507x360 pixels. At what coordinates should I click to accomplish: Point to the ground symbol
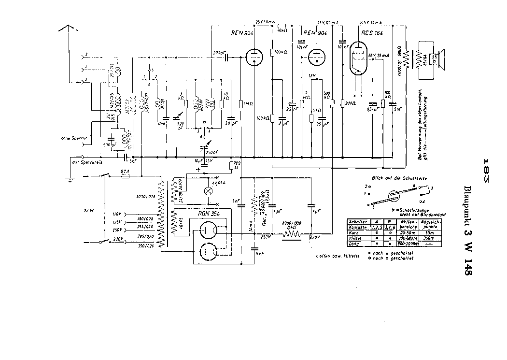tap(70, 180)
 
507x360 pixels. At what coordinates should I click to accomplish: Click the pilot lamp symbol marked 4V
tap(209, 190)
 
